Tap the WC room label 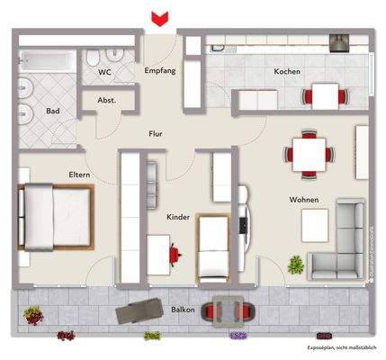point(104,71)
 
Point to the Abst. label point(107,101)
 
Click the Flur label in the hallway point(157,134)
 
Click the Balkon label point(184,309)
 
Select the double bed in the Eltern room point(53,215)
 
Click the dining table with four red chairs point(310,153)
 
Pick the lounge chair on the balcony point(139,310)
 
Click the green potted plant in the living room point(295,264)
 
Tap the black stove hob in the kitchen point(340,41)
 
